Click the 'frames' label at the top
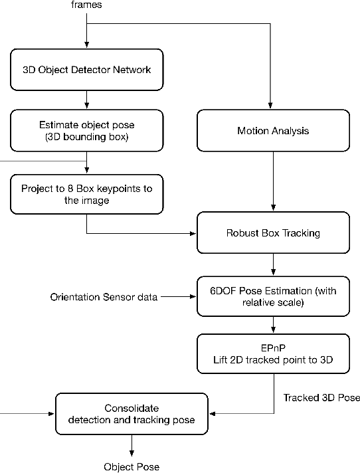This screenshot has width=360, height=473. point(86,5)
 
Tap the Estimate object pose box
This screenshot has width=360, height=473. point(86,131)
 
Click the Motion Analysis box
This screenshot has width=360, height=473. point(273,131)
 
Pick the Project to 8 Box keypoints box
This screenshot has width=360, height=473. point(86,195)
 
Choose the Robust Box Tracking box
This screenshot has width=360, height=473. point(273,234)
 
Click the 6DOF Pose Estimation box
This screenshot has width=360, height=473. point(273,296)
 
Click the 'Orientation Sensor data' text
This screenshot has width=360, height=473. point(104,297)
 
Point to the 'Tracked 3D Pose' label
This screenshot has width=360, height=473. point(321,398)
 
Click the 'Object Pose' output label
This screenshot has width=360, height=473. point(131,466)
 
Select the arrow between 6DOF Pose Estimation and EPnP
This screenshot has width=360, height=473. point(273,324)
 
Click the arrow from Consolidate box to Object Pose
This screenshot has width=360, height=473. point(131,444)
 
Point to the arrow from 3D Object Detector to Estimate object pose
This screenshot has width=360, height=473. point(86,99)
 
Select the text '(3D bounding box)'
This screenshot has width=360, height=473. point(86,138)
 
